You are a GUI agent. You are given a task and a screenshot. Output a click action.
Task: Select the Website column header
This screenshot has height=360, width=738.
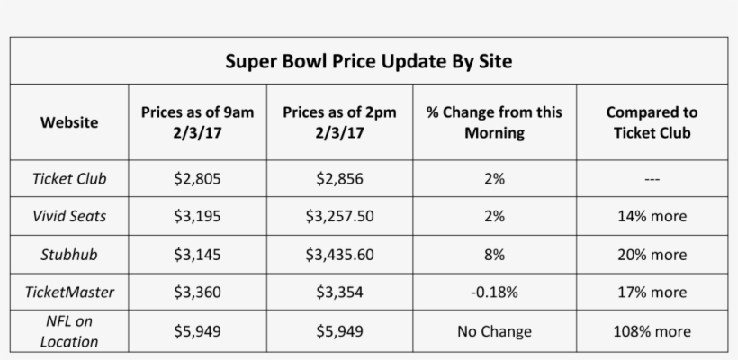pos(69,122)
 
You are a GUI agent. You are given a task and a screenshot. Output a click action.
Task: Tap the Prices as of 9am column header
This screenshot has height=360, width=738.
pos(198,122)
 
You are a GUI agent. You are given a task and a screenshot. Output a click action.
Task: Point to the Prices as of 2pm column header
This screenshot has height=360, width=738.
pos(339,122)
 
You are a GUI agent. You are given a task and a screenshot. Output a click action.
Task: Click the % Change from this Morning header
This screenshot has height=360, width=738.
pos(494,122)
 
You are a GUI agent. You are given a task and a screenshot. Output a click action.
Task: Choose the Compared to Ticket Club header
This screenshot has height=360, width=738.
pos(652,122)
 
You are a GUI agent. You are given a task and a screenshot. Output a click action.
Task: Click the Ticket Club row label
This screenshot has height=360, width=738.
pos(69,178)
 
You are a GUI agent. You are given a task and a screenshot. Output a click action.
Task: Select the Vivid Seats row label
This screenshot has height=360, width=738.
pos(69,216)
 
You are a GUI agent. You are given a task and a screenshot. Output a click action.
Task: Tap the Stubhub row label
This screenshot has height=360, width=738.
pos(69,255)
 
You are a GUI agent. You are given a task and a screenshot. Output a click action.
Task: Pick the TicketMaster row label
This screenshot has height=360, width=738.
pos(69,292)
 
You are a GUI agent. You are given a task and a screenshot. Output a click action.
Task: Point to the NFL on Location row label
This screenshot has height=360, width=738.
pos(69,331)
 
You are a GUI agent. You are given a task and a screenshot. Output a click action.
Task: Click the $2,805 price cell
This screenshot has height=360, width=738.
pos(198,178)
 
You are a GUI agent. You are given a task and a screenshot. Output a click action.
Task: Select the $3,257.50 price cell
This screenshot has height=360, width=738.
pos(339,216)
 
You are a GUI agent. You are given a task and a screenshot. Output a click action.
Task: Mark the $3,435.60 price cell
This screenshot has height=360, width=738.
pos(339,255)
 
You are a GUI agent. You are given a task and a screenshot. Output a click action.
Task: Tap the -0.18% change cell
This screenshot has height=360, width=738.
pos(494,292)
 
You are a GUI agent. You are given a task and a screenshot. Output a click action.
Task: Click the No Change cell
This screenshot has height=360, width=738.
pos(494,331)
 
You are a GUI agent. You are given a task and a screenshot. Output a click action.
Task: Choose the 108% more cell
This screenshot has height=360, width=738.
pos(652,331)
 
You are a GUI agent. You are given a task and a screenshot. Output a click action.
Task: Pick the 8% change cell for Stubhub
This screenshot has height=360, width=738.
pos(494,255)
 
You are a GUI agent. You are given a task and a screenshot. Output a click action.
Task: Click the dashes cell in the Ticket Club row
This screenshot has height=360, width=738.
pos(652,179)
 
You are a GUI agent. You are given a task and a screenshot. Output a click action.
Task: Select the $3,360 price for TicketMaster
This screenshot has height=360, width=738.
pos(198,292)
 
